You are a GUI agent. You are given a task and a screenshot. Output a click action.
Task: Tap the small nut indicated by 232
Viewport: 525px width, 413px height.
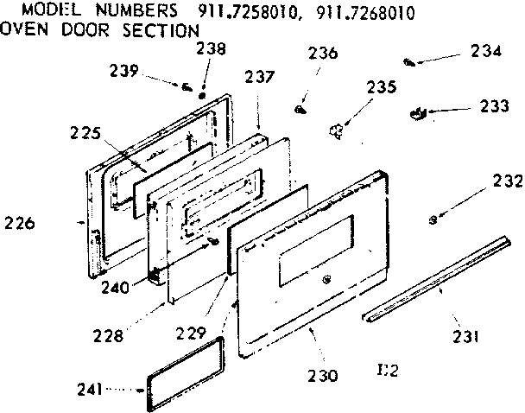pos(432,220)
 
